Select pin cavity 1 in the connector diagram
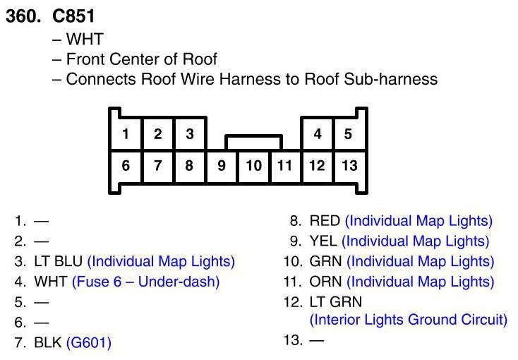tap(125, 134)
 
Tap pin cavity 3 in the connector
tap(189, 134)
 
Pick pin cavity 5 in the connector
tap(348, 134)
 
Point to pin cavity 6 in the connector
tap(125, 167)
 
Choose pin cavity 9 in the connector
tap(222, 167)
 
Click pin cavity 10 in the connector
tap(254, 167)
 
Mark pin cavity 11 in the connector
tap(285, 167)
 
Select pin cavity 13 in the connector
tap(349, 167)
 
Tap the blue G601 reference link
tap(89, 343)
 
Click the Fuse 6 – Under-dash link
tap(146, 282)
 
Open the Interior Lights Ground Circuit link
tap(409, 320)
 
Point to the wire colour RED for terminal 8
tap(325, 221)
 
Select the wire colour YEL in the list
tap(323, 241)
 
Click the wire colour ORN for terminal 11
tap(325, 282)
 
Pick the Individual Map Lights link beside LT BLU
tap(161, 261)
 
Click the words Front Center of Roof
tap(141, 59)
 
